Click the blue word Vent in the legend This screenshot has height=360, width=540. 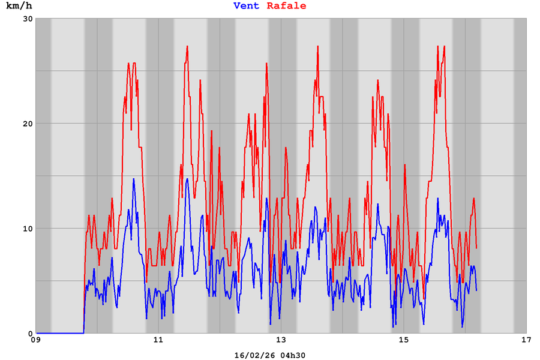247,6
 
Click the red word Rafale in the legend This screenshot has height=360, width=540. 286,6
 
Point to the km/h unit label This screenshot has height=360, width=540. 19,6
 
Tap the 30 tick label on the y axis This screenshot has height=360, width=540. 26,19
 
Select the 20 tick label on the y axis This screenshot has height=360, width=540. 26,124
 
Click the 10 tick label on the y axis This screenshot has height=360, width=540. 26,229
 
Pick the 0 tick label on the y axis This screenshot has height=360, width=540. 29,334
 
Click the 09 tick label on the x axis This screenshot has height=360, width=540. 37,341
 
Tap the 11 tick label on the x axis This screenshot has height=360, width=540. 159,341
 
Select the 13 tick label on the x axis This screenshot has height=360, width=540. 281,341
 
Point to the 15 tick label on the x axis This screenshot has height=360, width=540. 404,341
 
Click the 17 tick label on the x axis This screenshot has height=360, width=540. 526,341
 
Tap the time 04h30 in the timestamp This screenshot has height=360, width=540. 292,355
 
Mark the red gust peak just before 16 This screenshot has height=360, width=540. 444,46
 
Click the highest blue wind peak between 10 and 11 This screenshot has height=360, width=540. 134,179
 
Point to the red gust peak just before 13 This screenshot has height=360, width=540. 267,63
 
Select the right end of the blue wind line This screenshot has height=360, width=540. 476,290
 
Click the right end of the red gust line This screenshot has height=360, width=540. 476,247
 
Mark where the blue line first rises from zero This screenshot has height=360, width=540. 83,332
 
